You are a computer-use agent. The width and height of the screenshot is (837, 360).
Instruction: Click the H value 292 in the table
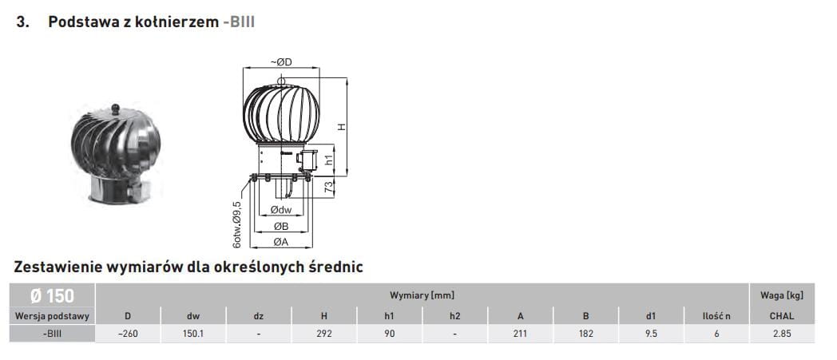tap(324, 334)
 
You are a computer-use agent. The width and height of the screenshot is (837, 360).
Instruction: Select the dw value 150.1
tap(193, 334)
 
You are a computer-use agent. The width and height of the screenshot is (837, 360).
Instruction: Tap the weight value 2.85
tap(781, 334)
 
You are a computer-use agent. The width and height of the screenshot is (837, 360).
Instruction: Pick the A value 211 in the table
tap(520, 334)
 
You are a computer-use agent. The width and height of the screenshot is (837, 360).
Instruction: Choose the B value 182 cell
tap(585, 334)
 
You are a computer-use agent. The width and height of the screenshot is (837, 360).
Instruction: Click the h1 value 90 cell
tap(389, 334)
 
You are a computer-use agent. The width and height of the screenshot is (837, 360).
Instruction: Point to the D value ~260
tap(128, 334)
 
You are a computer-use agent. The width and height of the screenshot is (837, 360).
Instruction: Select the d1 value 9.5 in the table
tap(651, 334)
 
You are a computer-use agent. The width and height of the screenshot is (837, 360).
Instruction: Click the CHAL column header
tap(781, 316)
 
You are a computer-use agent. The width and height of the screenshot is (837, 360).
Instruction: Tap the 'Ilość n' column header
tap(716, 316)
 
